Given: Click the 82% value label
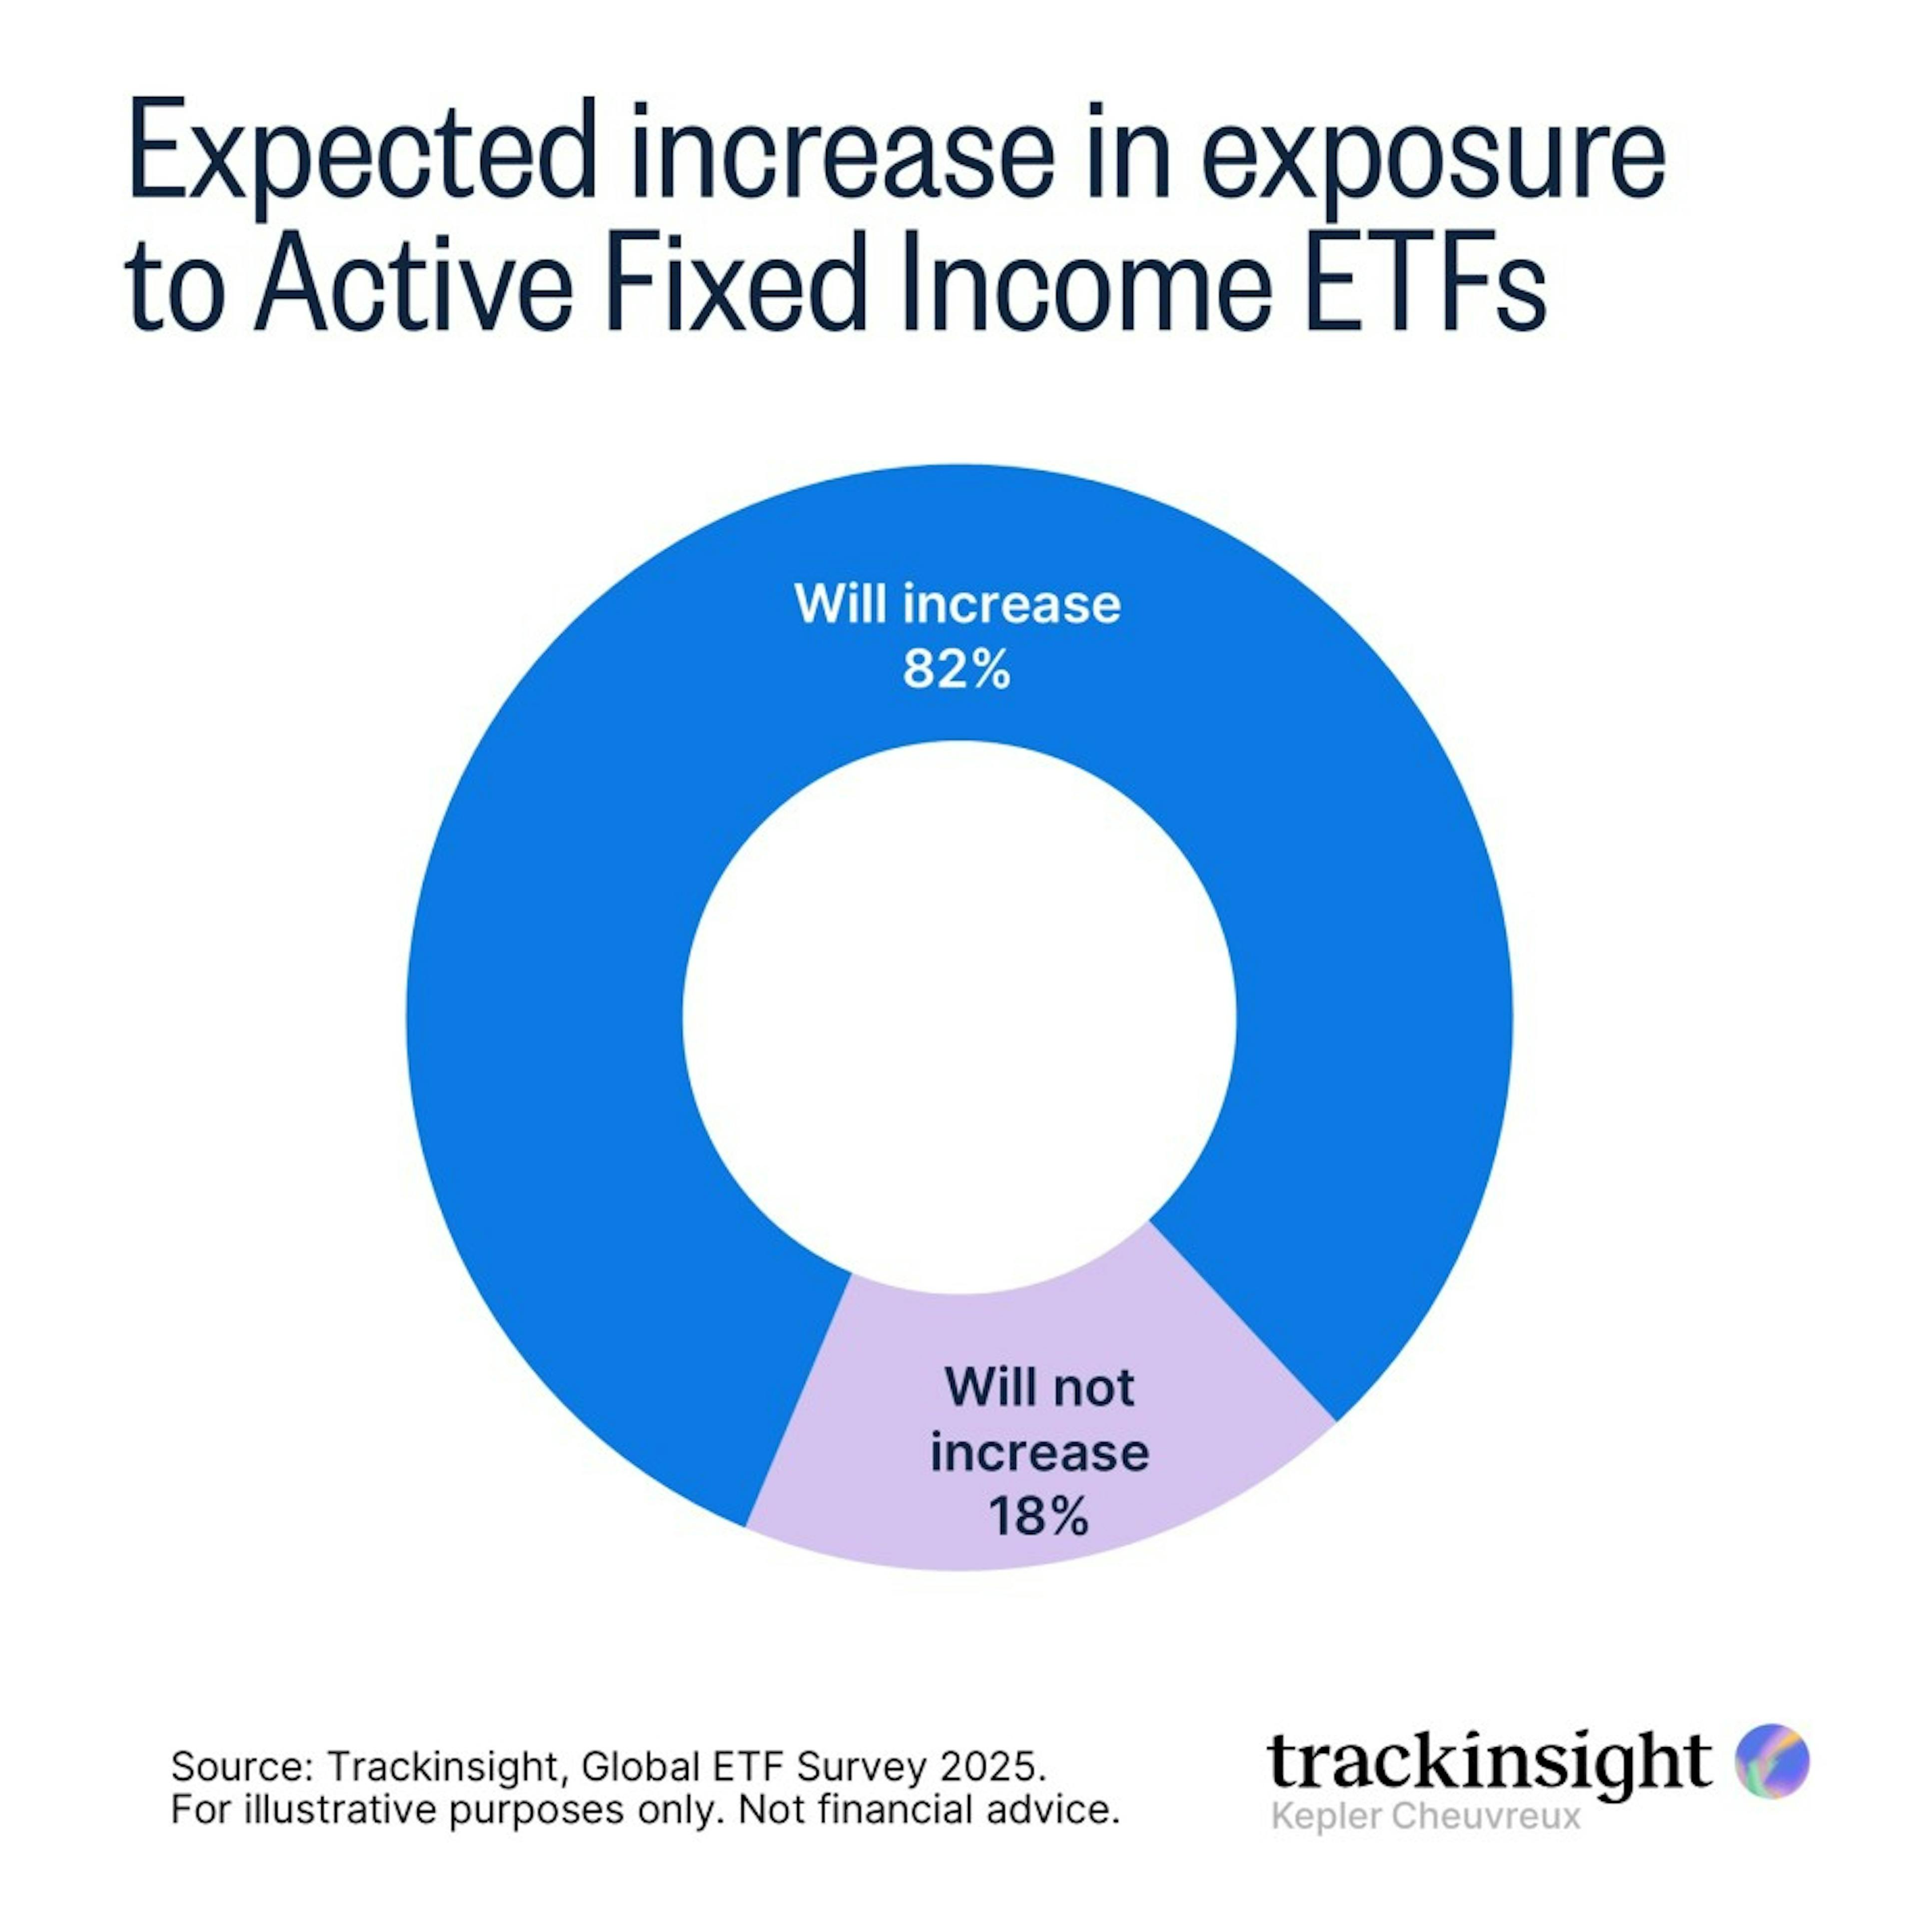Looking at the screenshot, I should [957, 671].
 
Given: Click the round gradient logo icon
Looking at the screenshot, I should [1772, 1761].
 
